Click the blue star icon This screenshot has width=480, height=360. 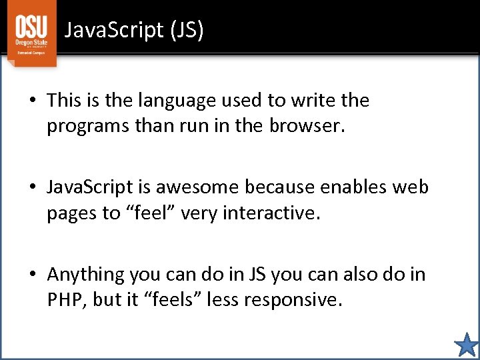point(466,345)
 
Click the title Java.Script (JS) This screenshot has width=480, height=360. point(134,30)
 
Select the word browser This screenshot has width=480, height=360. point(305,126)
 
